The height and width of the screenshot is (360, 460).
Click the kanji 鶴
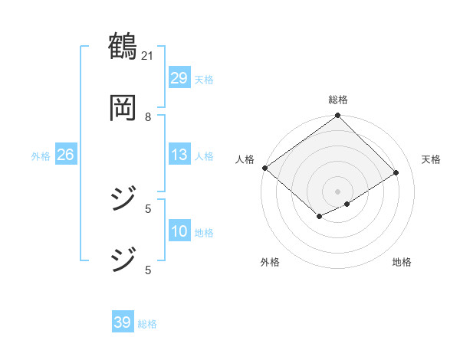(123, 47)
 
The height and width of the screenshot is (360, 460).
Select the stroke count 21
(149, 55)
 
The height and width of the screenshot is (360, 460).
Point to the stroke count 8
(149, 116)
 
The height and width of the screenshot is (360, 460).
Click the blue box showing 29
(179, 78)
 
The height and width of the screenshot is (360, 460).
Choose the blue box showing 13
(179, 155)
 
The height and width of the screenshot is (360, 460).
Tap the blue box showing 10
(179, 231)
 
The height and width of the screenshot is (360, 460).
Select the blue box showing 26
(65, 155)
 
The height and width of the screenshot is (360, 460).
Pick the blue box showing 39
(123, 322)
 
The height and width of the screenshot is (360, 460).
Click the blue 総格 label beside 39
(147, 324)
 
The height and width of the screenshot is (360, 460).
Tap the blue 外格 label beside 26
(41, 155)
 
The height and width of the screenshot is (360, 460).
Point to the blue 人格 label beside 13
(204, 155)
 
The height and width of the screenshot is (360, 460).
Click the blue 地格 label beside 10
(204, 232)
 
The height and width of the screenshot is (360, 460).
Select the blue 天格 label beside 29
(204, 79)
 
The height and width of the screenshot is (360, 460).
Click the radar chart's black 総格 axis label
(338, 99)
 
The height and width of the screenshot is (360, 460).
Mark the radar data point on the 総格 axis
(338, 116)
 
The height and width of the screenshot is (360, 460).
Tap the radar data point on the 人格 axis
(265, 168)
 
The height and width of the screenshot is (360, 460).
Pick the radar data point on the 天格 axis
(396, 172)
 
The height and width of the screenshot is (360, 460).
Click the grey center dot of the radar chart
(338, 191)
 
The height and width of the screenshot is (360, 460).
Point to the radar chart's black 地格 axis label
(402, 263)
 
